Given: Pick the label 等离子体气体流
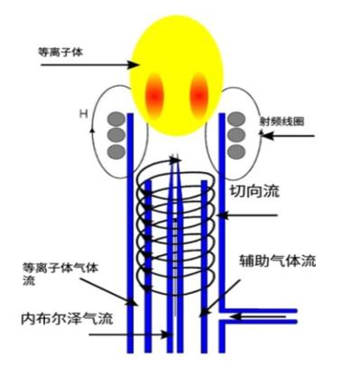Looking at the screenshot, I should pyautogui.click(x=51, y=274).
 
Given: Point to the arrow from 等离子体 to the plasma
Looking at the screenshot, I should pyautogui.click(x=90, y=64).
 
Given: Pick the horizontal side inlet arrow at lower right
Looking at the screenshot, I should pyautogui.click(x=262, y=317).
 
